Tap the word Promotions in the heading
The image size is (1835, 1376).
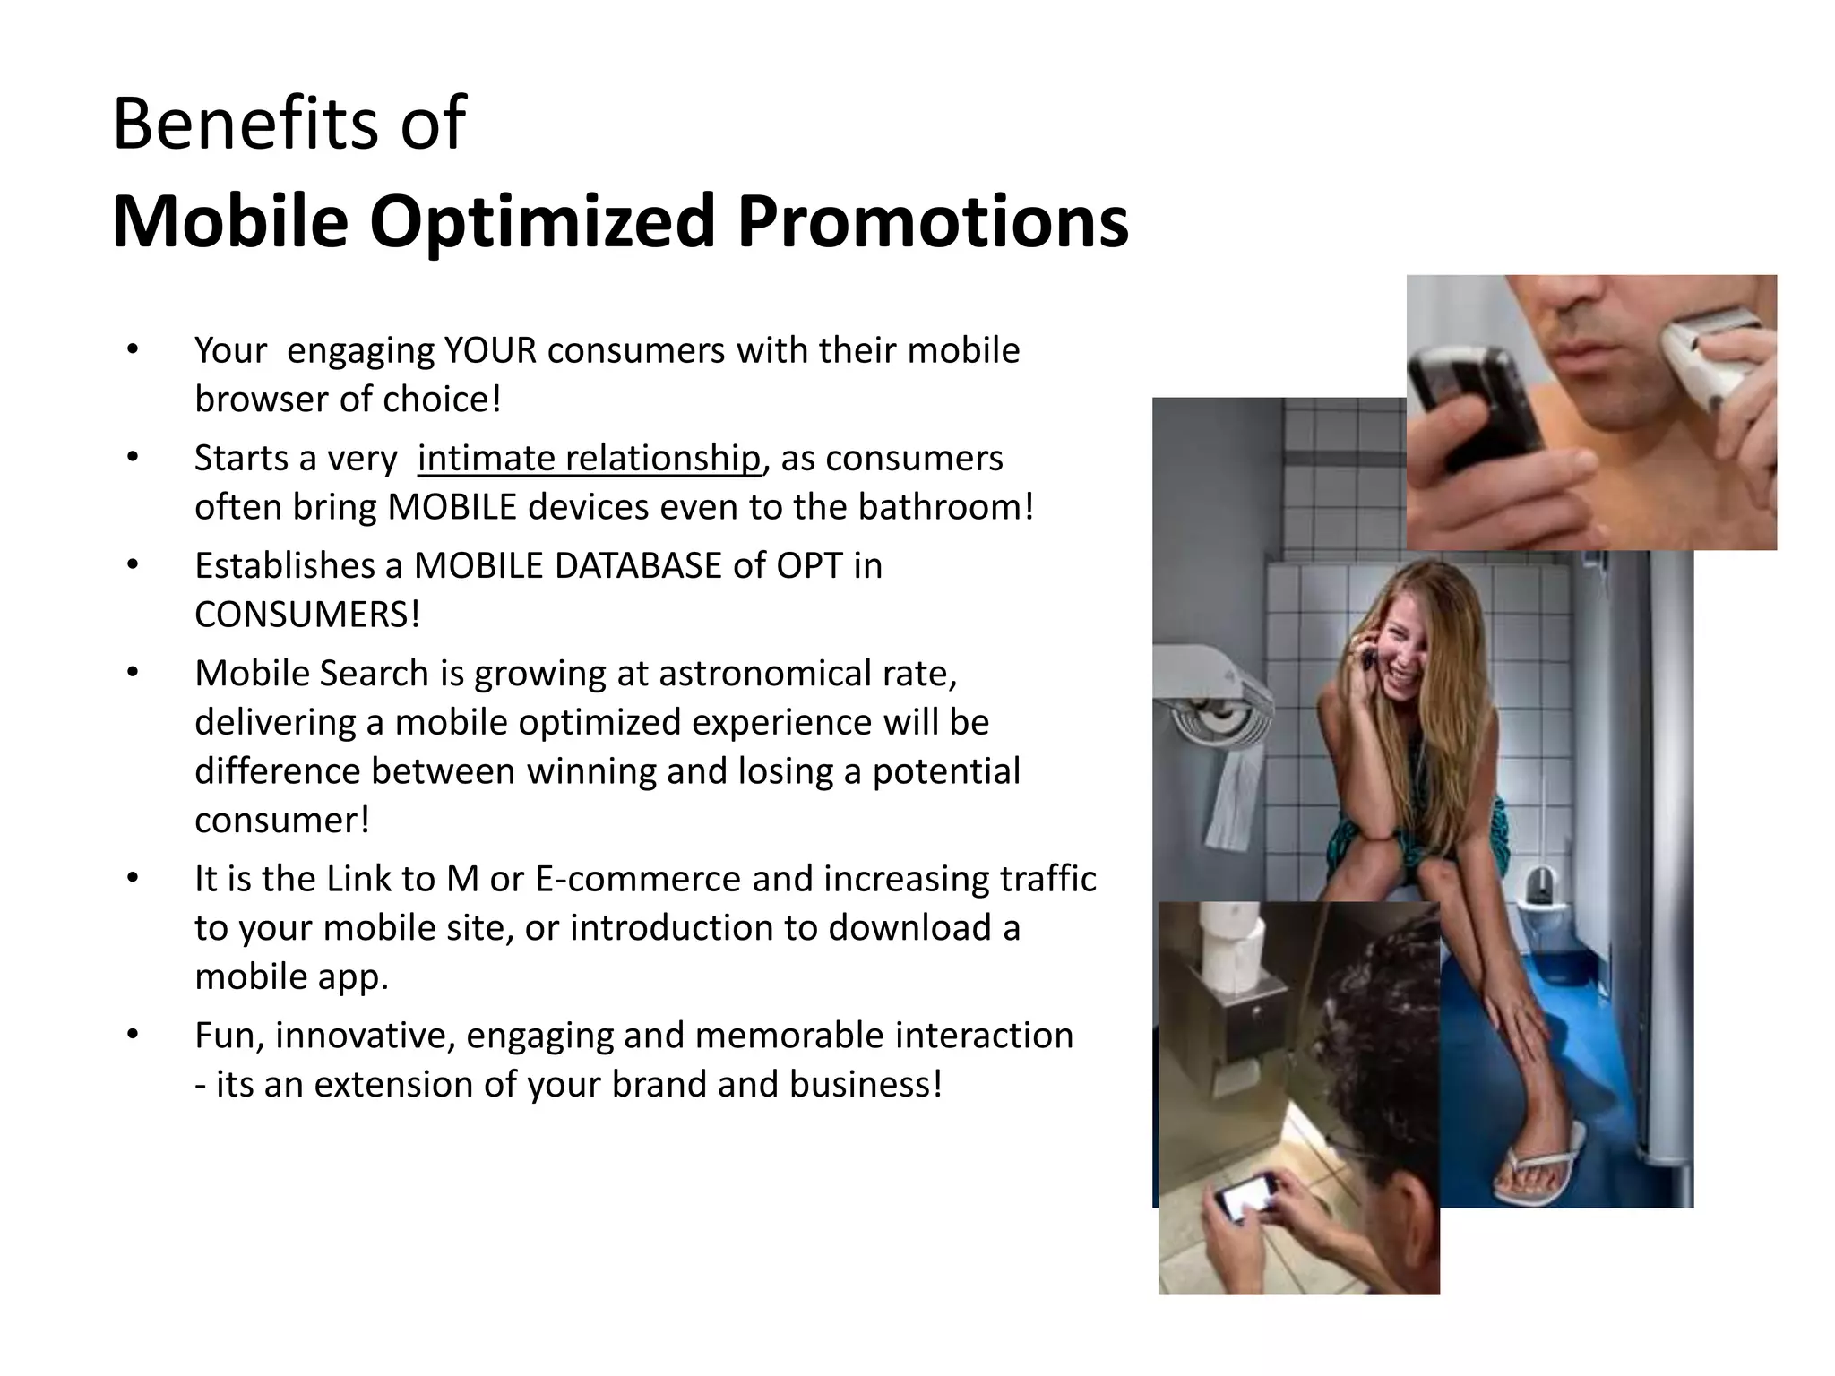coord(932,221)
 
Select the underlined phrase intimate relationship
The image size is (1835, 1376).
coord(589,459)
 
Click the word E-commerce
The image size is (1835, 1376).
coord(638,879)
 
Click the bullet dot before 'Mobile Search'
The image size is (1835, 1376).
coord(133,673)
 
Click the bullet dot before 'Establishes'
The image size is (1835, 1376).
coord(133,565)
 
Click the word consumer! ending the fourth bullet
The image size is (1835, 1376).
coord(281,821)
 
